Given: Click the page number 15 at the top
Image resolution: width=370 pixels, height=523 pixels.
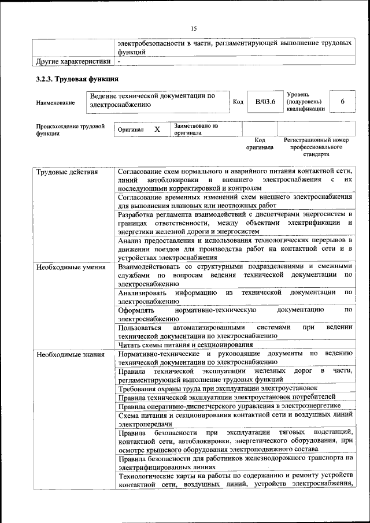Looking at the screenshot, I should (x=194, y=29).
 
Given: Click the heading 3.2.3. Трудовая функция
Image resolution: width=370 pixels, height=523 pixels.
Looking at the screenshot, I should (x=77, y=79).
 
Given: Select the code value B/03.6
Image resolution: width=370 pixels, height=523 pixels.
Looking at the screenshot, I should (x=265, y=102).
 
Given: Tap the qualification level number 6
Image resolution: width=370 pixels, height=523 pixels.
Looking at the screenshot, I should (x=342, y=102).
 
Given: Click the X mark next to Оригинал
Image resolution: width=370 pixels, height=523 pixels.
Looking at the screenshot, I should (x=157, y=129).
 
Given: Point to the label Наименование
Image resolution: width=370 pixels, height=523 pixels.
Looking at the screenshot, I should (x=55, y=103).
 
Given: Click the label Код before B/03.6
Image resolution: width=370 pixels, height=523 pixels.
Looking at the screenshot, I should (x=238, y=102).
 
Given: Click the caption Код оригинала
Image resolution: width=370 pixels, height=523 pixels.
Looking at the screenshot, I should (x=259, y=143).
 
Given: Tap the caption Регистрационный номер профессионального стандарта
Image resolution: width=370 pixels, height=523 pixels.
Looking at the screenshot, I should (x=316, y=147).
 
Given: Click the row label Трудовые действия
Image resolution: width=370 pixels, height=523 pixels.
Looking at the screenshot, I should (x=67, y=172).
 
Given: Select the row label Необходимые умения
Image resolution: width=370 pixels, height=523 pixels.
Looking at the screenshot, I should (x=71, y=267).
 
